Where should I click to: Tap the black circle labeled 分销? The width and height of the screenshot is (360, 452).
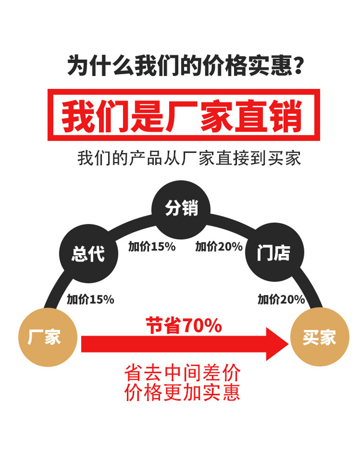(181, 209)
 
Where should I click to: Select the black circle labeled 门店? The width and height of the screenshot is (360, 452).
(273, 252)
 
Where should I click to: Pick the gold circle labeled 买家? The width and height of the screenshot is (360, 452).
(319, 338)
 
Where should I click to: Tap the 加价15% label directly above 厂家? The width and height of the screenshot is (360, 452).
(90, 300)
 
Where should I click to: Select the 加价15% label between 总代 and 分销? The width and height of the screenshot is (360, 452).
(152, 247)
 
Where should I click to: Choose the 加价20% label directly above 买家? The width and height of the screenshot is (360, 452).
(281, 300)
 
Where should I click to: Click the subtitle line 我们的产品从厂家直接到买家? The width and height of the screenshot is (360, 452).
(189, 159)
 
